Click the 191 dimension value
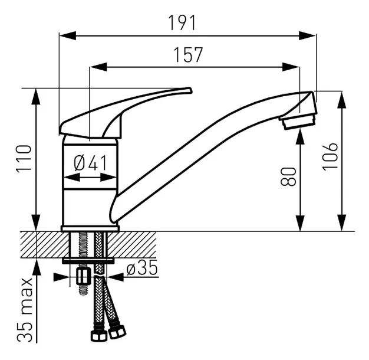pyautogui.click(x=182, y=23)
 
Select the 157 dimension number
pyautogui.click(x=188, y=55)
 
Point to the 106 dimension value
pyautogui.click(x=330, y=156)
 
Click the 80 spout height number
pyautogui.click(x=288, y=176)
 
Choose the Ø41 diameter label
pyautogui.click(x=90, y=163)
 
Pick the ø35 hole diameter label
pyautogui.click(x=142, y=267)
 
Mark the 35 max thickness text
pyautogui.click(x=25, y=310)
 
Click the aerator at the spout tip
pyautogui.click(x=298, y=122)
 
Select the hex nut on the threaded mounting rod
pyautogui.click(x=83, y=276)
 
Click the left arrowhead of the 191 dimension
pyautogui.click(x=68, y=36)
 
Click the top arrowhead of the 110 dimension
pyautogui.click(x=36, y=96)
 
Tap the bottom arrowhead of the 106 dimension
pyautogui.click(x=342, y=222)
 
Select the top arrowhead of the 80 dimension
pyautogui.click(x=300, y=138)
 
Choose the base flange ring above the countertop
pyautogui.click(x=90, y=228)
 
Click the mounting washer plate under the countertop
pyautogui.click(x=88, y=261)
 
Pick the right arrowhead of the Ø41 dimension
pyautogui.click(x=108, y=177)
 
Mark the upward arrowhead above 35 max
pyautogui.click(x=37, y=267)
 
